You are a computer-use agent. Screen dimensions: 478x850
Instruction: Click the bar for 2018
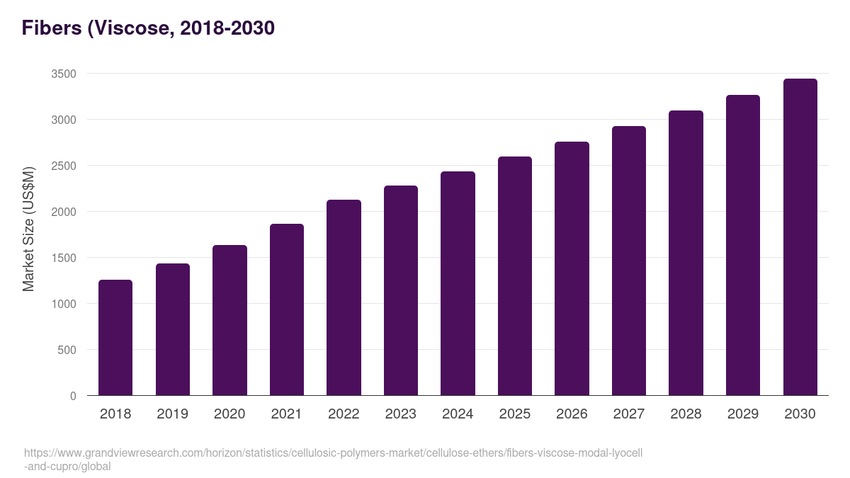pyautogui.click(x=115, y=338)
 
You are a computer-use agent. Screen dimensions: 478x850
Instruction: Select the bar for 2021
pyautogui.click(x=287, y=309)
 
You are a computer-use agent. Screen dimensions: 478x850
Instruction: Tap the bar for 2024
pyautogui.click(x=458, y=283)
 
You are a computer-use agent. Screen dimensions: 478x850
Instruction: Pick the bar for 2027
pyautogui.click(x=629, y=261)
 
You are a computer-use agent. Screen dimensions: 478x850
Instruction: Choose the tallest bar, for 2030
pyautogui.click(x=800, y=237)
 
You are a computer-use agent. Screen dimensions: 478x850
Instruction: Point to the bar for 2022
pyautogui.click(x=344, y=297)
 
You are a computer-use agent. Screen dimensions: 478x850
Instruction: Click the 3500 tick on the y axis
pyautogui.click(x=63, y=74)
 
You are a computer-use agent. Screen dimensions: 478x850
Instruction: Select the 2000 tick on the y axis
pyautogui.click(x=63, y=212)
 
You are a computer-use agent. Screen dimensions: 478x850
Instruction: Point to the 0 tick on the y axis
pyautogui.click(x=73, y=396)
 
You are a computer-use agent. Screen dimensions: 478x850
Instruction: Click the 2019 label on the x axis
pyautogui.click(x=172, y=414)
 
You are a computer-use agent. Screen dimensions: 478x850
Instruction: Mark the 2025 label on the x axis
pyautogui.click(x=514, y=414)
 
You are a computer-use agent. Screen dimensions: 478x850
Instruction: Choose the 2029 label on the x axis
pyautogui.click(x=743, y=414)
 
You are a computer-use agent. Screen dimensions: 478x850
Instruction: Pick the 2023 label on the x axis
pyautogui.click(x=400, y=414)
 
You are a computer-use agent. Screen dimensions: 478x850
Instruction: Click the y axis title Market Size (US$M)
pyautogui.click(x=28, y=229)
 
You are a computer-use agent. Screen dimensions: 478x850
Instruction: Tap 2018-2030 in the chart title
pyautogui.click(x=227, y=28)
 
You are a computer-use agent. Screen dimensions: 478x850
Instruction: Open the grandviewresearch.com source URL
pyautogui.click(x=333, y=453)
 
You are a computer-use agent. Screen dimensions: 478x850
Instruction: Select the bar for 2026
pyautogui.click(x=572, y=268)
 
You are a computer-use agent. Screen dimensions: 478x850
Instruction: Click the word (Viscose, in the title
pyautogui.click(x=131, y=28)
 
